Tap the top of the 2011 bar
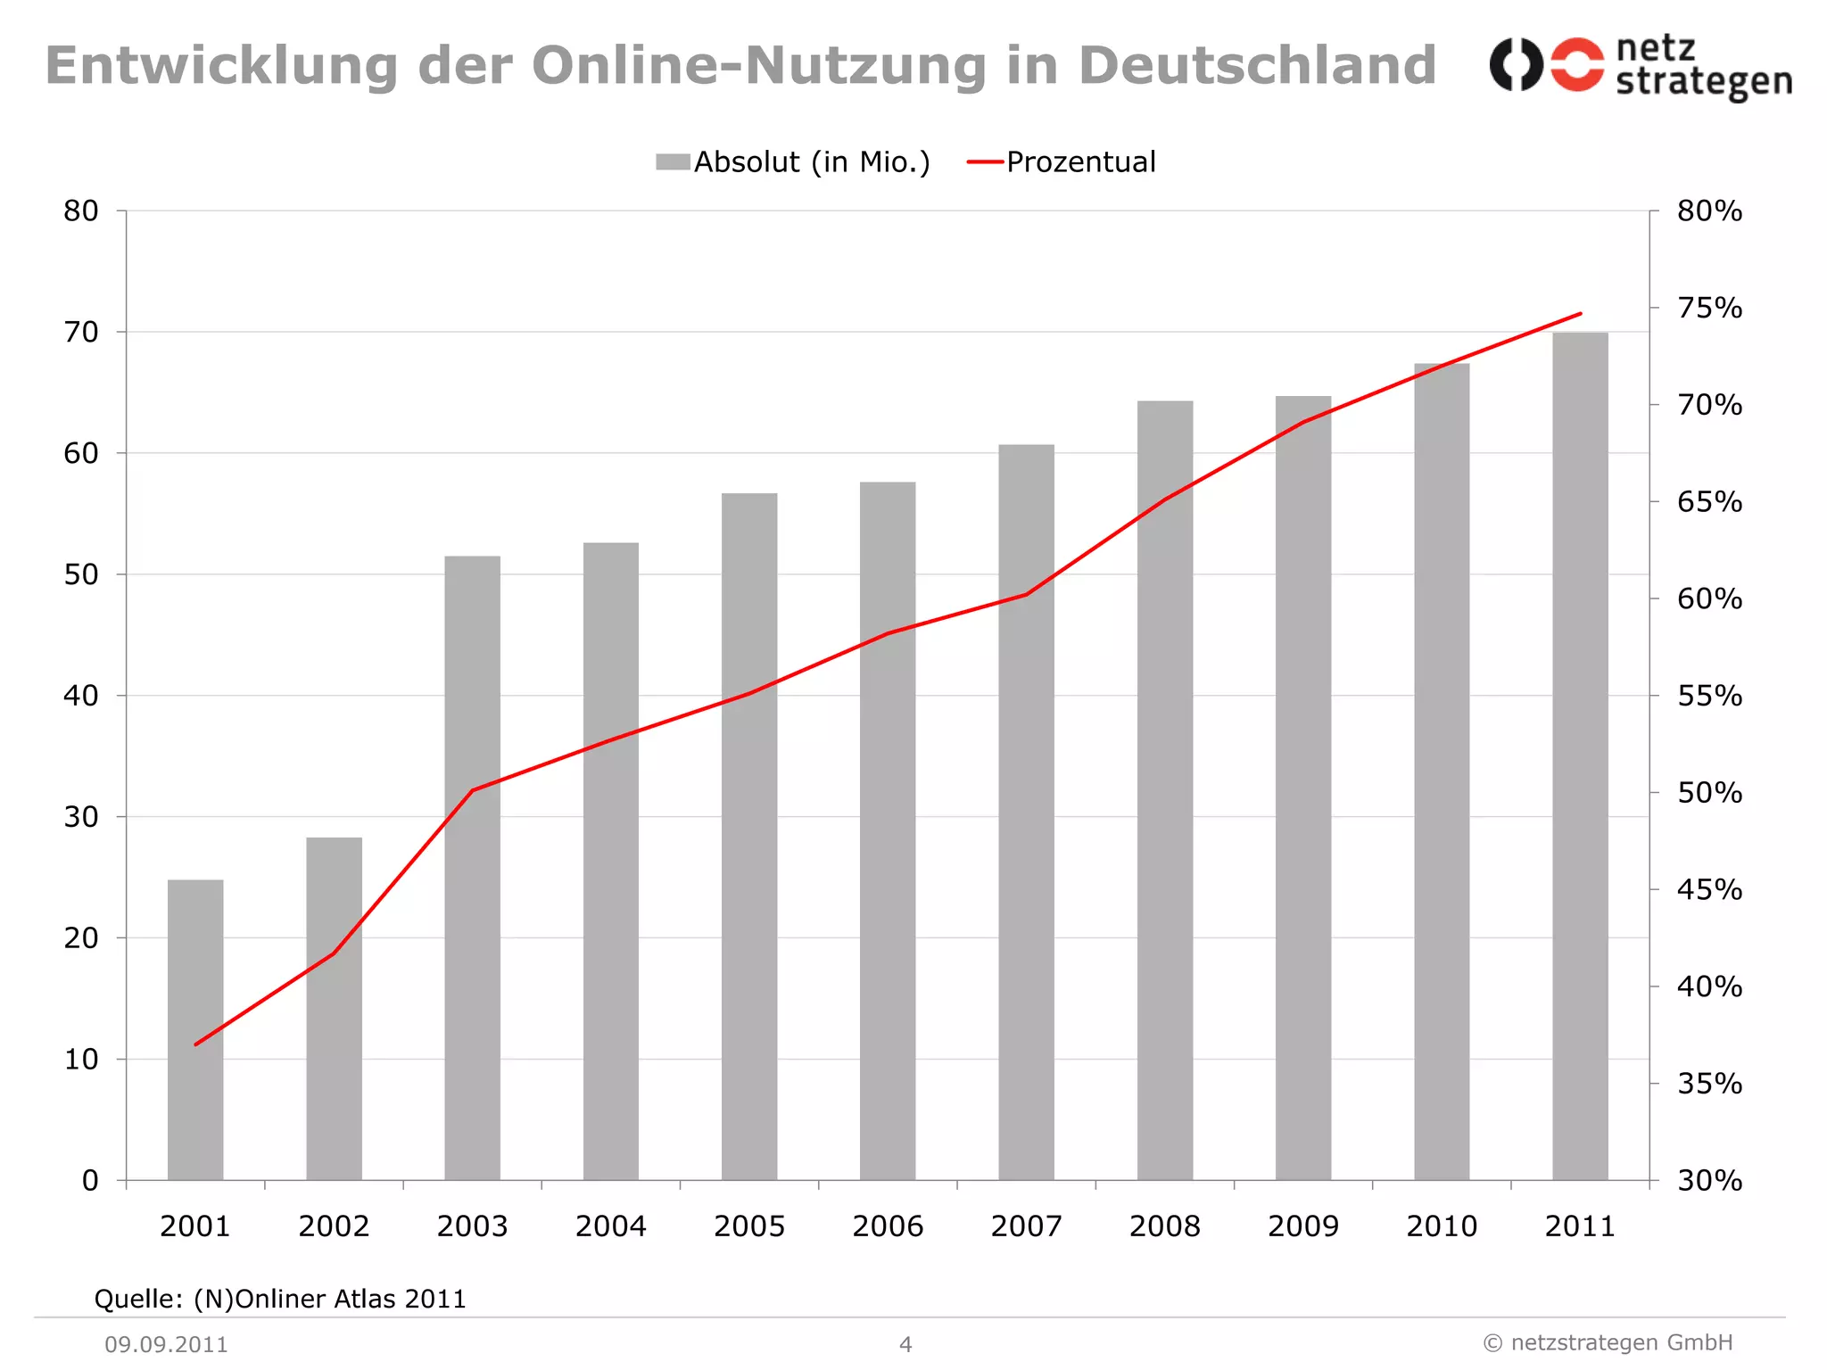(1580, 334)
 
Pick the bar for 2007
(1026, 812)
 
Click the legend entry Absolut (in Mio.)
(793, 162)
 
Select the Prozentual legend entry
(1062, 162)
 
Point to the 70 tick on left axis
(81, 332)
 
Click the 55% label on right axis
(1709, 696)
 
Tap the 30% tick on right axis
(1709, 1180)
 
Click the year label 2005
(749, 1226)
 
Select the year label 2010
(1442, 1226)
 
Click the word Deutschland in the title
(1256, 66)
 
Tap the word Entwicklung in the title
(221, 66)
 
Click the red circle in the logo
(1576, 64)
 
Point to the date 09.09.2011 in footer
(167, 1344)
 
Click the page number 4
(905, 1344)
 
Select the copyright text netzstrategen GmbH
(1608, 1342)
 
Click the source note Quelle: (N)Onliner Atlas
(280, 1299)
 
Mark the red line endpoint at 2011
(1580, 314)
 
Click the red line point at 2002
(334, 953)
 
